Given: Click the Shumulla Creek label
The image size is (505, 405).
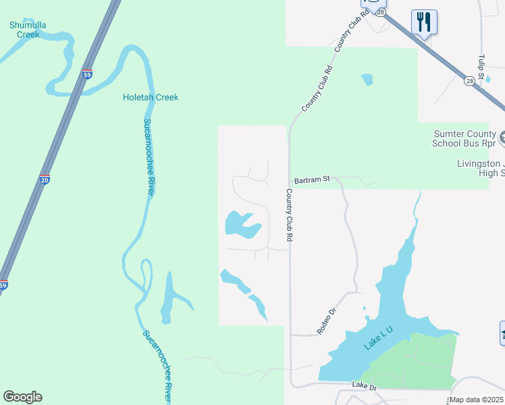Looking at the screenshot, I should (x=28, y=29).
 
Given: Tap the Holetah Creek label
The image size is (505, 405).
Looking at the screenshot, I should (x=151, y=97).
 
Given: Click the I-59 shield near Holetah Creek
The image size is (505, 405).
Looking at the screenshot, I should (x=87, y=75).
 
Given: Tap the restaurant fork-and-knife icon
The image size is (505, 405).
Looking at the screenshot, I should (x=424, y=22).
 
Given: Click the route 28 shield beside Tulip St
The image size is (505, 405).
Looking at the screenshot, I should (x=470, y=81).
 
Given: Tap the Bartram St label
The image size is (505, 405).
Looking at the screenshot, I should (x=312, y=180).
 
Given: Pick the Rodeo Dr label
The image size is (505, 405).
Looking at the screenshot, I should (x=327, y=322).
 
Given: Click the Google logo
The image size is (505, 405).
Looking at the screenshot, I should (x=22, y=397).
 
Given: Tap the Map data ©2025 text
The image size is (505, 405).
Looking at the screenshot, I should (x=476, y=400).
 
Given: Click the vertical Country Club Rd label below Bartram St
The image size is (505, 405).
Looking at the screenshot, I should (x=289, y=215).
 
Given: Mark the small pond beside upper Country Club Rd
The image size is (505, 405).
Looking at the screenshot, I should (x=367, y=80).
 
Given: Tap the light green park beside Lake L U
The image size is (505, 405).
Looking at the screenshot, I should (x=412, y=362).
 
